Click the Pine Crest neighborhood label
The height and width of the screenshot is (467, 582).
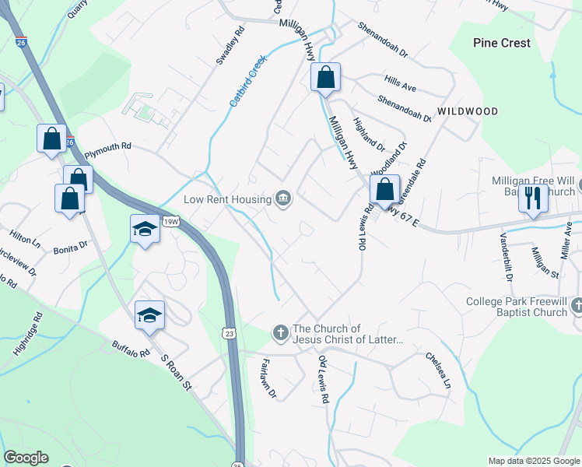501,43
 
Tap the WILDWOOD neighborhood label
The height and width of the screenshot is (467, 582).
467,111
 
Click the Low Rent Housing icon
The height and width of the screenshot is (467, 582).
283,199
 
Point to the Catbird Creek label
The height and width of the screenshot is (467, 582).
247,81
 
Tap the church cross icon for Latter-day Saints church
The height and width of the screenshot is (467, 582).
281,333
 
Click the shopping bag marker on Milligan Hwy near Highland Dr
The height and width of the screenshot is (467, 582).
326,78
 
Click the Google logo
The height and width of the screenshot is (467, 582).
26,458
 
